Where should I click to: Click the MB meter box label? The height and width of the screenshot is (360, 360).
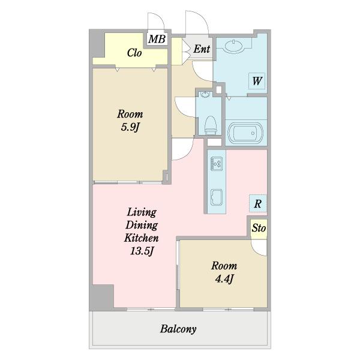click(157, 39)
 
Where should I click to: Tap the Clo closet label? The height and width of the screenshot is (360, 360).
click(134, 53)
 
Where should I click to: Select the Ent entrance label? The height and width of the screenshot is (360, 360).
click(202, 49)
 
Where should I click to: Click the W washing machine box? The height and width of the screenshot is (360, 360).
click(257, 81)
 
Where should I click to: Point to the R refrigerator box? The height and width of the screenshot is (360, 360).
click(258, 203)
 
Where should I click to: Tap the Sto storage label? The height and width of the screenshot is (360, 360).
click(259, 228)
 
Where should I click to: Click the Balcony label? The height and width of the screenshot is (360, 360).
click(178, 329)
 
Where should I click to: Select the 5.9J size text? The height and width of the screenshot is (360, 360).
click(130, 127)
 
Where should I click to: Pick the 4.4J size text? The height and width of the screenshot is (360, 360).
click(224, 279)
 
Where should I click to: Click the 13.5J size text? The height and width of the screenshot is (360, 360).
click(142, 251)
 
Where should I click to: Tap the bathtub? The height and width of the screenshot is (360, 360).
click(245, 133)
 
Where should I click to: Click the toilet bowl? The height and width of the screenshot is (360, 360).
click(211, 125)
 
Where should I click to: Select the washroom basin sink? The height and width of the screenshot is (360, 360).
click(234, 46)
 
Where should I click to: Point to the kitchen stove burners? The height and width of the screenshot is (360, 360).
click(217, 163)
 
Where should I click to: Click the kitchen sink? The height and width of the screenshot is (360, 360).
click(217, 197)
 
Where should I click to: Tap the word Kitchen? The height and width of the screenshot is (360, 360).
click(142, 238)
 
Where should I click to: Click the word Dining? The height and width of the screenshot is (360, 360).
click(142, 225)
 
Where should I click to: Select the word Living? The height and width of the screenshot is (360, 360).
click(142, 212)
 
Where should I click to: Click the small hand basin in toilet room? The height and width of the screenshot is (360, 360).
click(205, 95)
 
